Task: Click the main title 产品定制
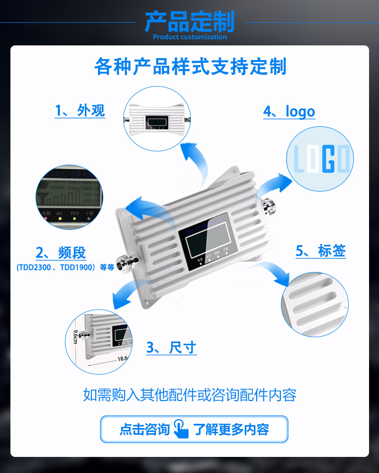[189, 21]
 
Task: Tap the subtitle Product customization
[190, 37]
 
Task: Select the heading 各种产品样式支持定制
[190, 66]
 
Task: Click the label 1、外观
[80, 111]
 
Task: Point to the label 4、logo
[289, 112]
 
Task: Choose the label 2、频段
[61, 253]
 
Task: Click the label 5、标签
[321, 251]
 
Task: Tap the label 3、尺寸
[171, 348]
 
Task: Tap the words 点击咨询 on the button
[144, 429]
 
